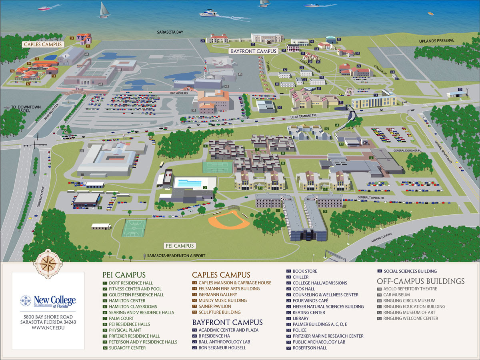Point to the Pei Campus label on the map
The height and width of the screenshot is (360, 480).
(179, 246)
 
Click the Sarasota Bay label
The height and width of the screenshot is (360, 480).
(170, 32)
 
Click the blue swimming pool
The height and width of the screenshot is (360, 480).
(189, 184)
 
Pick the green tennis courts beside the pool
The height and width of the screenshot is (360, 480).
(217, 166)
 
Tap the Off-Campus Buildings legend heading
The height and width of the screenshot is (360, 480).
(420, 281)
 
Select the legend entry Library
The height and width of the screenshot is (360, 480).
(300, 318)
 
